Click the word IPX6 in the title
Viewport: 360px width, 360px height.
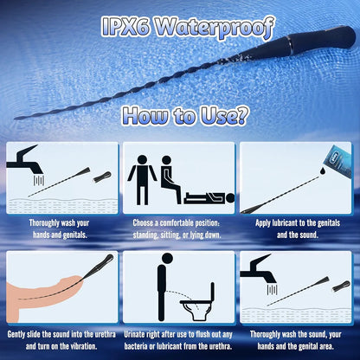[125, 27]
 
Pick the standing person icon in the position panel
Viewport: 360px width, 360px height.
[142, 180]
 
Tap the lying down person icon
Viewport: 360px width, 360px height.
[209, 198]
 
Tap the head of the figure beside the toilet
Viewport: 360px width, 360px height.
[167, 258]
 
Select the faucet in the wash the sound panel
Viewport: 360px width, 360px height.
[259, 271]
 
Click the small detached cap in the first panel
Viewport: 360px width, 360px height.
[102, 177]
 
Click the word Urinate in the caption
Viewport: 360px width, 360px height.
[135, 334]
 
